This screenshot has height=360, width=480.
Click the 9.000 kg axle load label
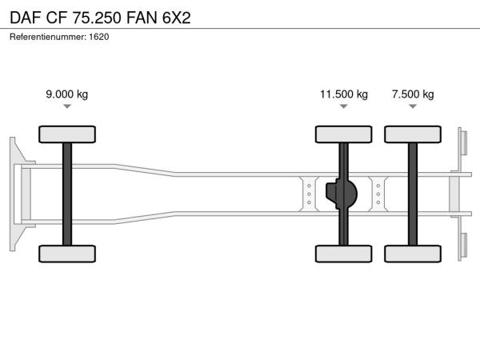(66, 94)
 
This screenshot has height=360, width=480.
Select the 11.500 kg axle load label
(344, 94)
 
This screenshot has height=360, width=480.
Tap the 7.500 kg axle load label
(413, 94)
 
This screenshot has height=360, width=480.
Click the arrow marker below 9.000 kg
(67, 106)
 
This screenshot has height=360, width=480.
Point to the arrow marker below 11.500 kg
(344, 106)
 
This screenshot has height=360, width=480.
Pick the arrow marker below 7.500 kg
(413, 106)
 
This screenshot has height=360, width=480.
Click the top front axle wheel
(67, 134)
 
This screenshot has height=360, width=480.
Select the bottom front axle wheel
(67, 254)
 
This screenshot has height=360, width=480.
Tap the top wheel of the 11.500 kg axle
(344, 134)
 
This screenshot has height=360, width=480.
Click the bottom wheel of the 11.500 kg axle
(344, 254)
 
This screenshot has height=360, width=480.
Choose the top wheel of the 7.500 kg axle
(413, 134)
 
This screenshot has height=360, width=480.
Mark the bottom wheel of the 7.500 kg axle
(413, 254)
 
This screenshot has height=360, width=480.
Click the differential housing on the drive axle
(342, 194)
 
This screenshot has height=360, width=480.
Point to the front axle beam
(67, 194)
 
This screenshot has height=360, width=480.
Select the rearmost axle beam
(413, 194)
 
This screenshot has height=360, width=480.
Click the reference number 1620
(99, 37)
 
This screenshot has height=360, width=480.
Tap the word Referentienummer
(48, 37)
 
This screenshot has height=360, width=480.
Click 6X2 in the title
(177, 18)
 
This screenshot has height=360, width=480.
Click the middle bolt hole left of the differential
(309, 194)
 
